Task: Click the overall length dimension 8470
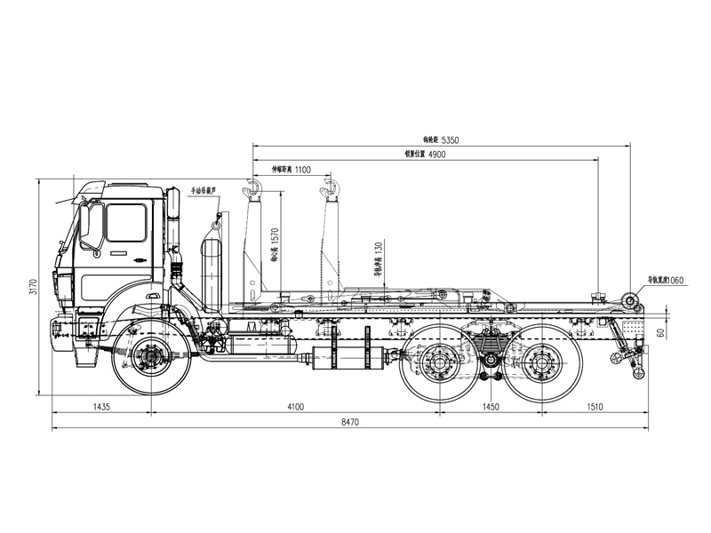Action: pyautogui.click(x=349, y=424)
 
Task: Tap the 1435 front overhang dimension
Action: pyautogui.click(x=100, y=406)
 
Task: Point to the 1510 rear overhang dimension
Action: pyautogui.click(x=595, y=406)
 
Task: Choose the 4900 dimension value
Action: pyautogui.click(x=436, y=155)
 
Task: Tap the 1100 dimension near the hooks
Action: pyautogui.click(x=302, y=169)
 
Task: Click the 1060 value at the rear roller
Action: pyautogui.click(x=674, y=280)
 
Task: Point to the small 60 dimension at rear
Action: pyautogui.click(x=660, y=333)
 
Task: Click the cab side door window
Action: pyautogui.click(x=125, y=222)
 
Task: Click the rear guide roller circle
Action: pyautogui.click(x=629, y=299)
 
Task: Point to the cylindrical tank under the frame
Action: pyautogui.click(x=350, y=357)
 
